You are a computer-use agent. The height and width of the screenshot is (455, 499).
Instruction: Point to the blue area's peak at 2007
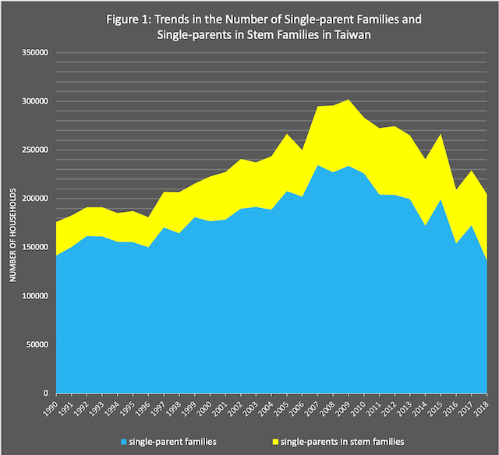click(317, 165)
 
